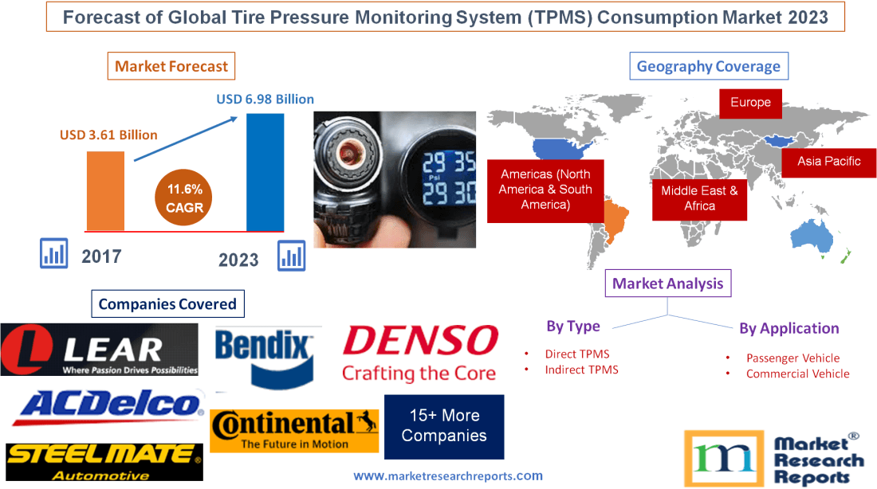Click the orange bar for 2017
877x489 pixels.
tap(106, 190)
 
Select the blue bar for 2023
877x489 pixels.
tap(265, 171)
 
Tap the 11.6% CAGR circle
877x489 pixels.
tap(185, 198)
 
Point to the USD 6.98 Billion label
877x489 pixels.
tap(265, 100)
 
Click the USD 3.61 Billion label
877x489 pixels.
tap(108, 135)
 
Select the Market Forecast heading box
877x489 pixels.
tap(171, 66)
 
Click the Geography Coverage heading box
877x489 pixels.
tap(709, 66)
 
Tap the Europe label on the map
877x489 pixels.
tap(750, 102)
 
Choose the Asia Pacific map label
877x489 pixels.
tap(829, 161)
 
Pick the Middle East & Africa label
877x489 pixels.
tap(699, 198)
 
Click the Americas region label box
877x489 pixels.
tap(545, 190)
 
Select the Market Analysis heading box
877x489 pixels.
tap(668, 284)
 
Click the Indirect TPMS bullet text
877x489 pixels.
tap(581, 370)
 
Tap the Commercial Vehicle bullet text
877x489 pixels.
tap(797, 374)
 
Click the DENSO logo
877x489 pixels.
tap(420, 352)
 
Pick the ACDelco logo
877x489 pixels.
tap(107, 408)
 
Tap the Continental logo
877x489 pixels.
tap(294, 431)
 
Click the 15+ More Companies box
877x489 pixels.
tap(444, 426)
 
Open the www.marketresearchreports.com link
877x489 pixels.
tap(448, 476)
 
